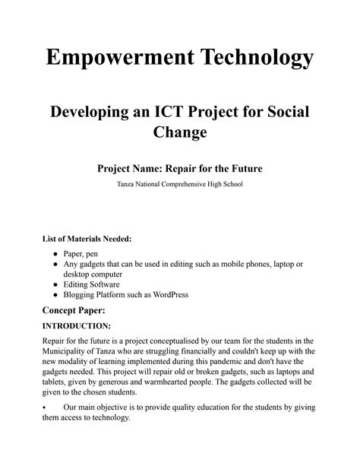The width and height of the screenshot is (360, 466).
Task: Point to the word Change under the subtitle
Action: click(x=180, y=135)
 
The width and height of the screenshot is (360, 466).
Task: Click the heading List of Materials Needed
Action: click(x=87, y=239)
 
